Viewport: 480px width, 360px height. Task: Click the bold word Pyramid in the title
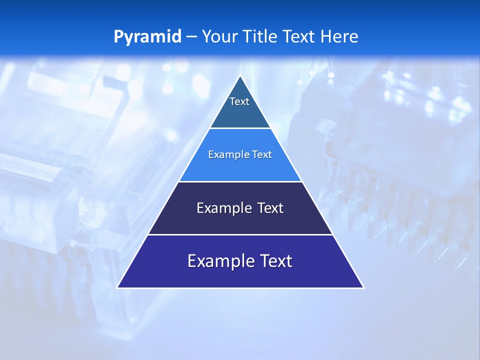pos(147,37)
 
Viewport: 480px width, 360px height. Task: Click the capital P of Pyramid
pos(118,36)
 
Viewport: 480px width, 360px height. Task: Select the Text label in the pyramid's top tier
pos(239,101)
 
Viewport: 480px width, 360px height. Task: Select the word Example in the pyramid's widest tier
pos(214,261)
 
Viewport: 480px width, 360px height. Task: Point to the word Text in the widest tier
pos(276,261)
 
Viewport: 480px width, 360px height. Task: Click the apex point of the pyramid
pos(240,76)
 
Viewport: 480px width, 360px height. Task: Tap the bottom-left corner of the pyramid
pos(117,287)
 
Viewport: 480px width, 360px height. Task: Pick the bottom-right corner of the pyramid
pos(363,287)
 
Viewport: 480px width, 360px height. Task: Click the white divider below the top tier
pos(240,128)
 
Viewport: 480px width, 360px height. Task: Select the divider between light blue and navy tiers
pos(240,181)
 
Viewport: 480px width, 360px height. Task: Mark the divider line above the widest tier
pos(240,234)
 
